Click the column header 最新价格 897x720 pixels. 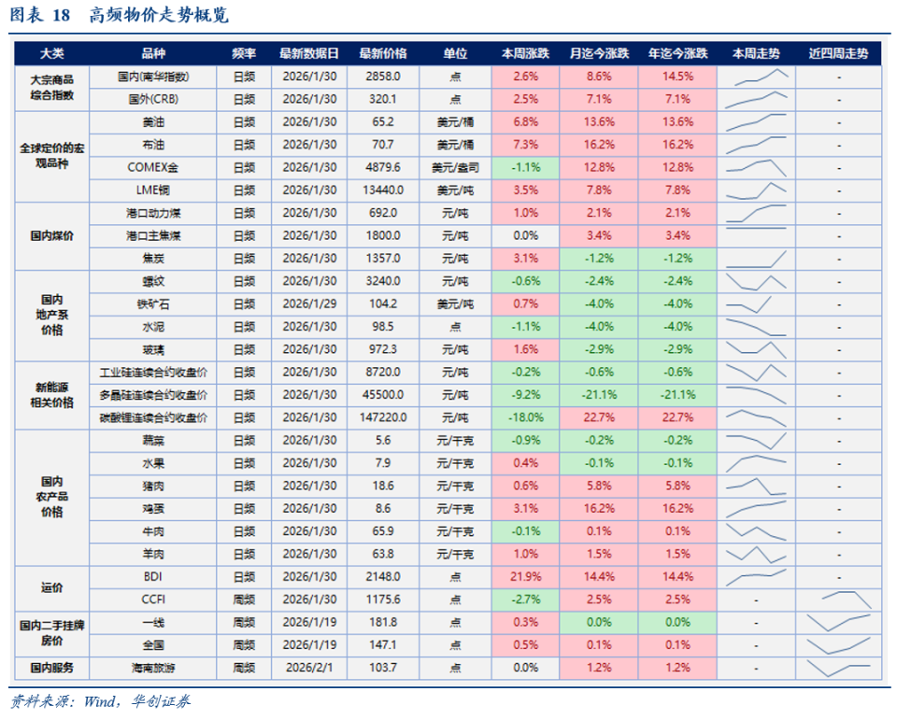click(383, 54)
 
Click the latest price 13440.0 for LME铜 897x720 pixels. click(383, 190)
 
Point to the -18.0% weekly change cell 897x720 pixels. click(526, 417)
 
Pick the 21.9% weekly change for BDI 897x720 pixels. click(526, 576)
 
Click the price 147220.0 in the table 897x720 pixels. click(383, 417)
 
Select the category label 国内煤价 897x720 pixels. click(51, 235)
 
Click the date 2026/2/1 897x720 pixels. click(309, 668)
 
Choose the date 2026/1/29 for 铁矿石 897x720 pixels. click(309, 304)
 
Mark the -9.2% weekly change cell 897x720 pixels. click(526, 394)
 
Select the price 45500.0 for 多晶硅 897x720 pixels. click(383, 394)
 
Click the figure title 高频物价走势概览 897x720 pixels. click(159, 16)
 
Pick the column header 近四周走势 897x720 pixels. click(838, 54)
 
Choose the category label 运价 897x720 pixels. click(51, 587)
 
